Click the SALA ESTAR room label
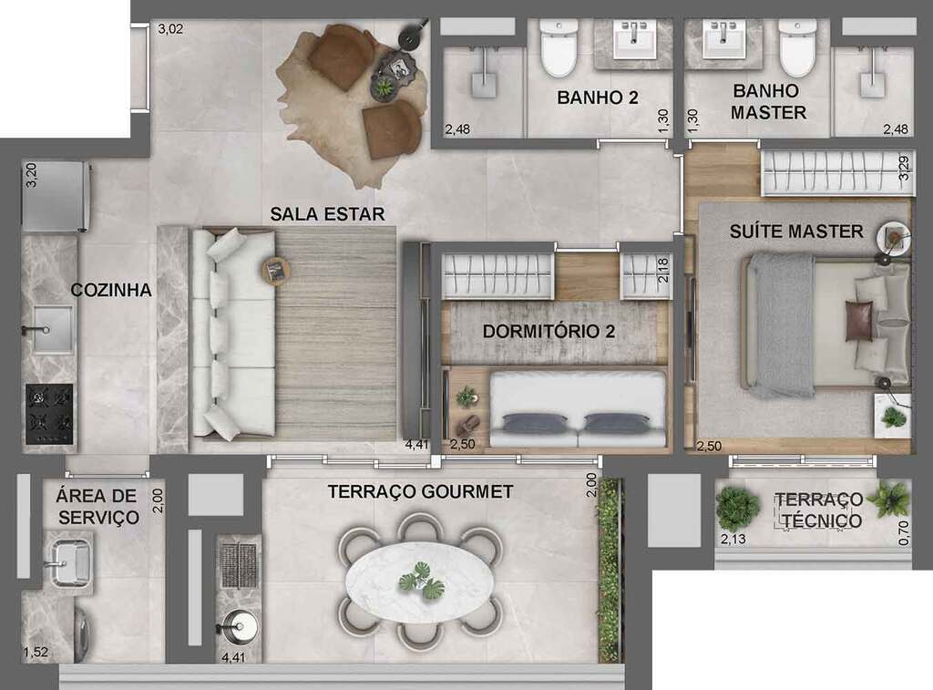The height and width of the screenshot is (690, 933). (x=327, y=214)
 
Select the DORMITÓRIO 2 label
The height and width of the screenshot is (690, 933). (x=549, y=331)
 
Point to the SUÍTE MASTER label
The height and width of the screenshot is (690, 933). (x=795, y=232)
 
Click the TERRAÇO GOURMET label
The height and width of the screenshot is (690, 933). (x=420, y=492)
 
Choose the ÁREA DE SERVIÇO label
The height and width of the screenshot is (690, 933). (x=97, y=507)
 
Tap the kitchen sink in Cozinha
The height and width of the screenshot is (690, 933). (x=51, y=328)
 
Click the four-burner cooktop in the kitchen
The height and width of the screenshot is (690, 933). (x=49, y=415)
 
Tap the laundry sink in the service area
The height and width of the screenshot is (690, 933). (x=67, y=559)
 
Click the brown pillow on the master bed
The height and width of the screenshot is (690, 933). (x=858, y=322)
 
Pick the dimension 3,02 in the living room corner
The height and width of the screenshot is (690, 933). (x=171, y=29)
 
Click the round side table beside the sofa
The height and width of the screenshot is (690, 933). (x=275, y=269)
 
